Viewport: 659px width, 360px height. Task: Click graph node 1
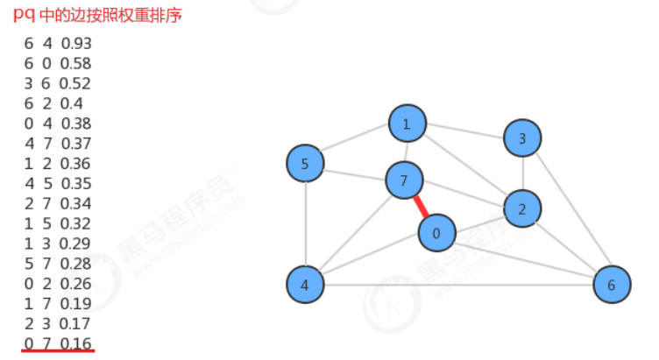tap(407, 124)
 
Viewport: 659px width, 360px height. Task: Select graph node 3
tap(522, 138)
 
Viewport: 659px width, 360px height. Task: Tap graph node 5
tap(305, 164)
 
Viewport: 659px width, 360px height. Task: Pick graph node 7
tap(404, 181)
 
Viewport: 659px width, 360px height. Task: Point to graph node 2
tap(522, 208)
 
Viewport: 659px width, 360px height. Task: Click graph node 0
tap(436, 233)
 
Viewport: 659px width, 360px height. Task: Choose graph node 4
tap(305, 285)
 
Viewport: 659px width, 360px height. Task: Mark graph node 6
tap(611, 285)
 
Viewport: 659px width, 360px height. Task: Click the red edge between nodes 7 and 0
tap(421, 208)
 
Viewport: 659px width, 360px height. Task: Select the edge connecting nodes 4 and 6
tap(456, 285)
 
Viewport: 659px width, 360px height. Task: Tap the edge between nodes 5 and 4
tap(305, 224)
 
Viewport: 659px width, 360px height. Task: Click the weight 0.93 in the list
tap(76, 43)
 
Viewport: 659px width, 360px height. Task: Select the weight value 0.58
tap(76, 63)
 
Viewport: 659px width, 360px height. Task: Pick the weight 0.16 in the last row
tap(76, 342)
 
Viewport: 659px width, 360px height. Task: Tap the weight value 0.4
tap(72, 103)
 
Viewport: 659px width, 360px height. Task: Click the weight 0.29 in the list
tap(76, 243)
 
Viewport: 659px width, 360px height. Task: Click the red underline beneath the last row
tap(59, 351)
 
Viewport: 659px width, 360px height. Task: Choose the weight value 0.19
tap(76, 303)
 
